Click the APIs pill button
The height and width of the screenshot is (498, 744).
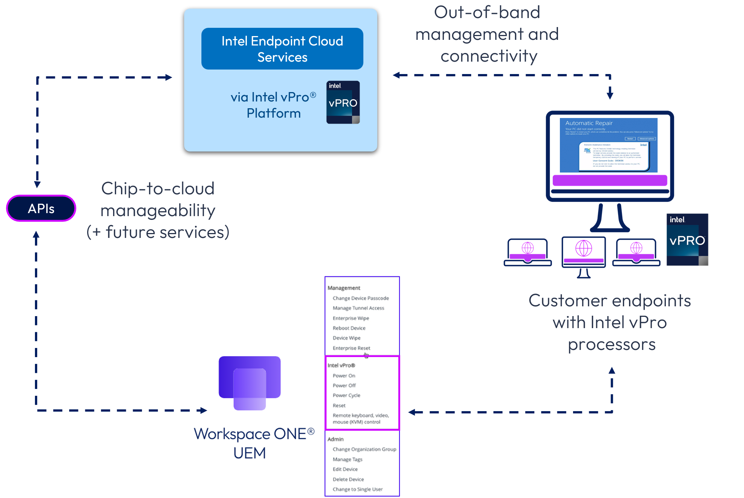tap(41, 208)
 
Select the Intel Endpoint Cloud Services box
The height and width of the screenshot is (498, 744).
tap(282, 49)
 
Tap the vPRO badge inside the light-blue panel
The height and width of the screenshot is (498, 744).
tap(343, 102)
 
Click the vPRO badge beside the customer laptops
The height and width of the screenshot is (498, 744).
tap(687, 240)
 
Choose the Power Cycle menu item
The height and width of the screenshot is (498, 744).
tap(346, 395)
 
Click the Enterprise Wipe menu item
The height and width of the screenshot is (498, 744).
tap(351, 318)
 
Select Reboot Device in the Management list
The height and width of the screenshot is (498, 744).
tap(349, 328)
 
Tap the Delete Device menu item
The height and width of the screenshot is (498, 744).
tap(348, 479)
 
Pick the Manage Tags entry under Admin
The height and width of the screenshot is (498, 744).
tap(347, 459)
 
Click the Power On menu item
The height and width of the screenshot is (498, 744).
tap(344, 375)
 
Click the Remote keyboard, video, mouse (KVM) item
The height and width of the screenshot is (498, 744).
tap(360, 418)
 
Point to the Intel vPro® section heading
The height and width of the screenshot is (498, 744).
tap(341, 365)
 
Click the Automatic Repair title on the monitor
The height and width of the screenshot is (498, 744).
tap(589, 123)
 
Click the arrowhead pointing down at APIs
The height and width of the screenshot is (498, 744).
tap(37, 184)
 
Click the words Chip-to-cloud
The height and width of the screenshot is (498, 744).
tap(158, 188)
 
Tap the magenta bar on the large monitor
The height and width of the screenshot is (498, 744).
tap(609, 180)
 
